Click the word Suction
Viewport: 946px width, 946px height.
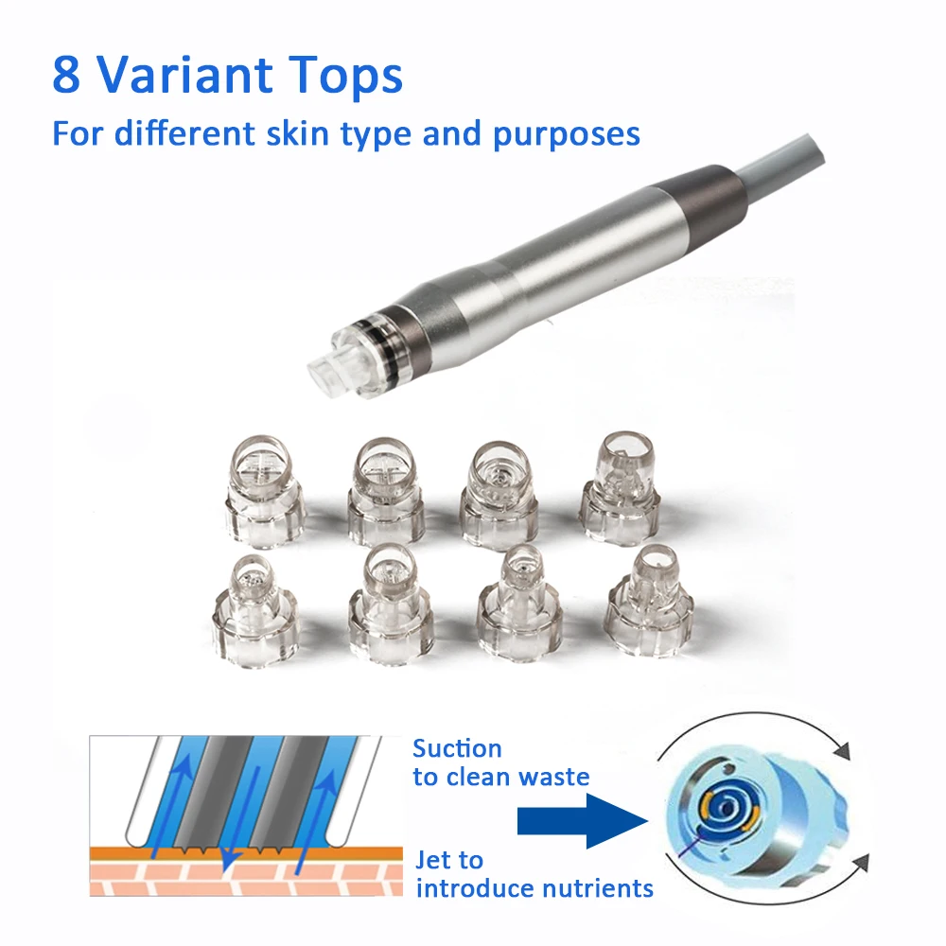(x=457, y=749)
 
